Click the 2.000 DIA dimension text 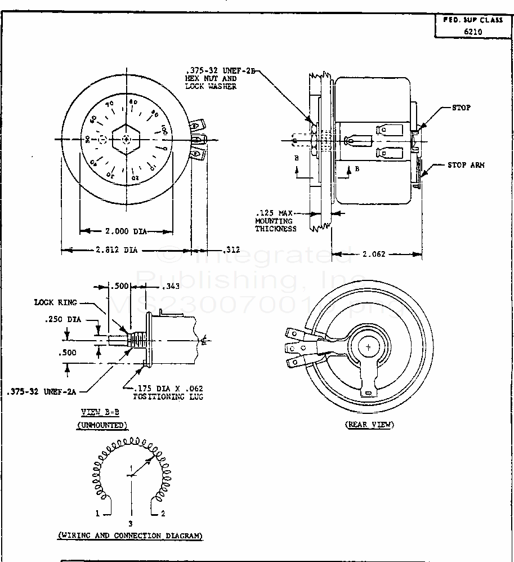coord(126,231)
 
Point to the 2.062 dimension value coord(373,255)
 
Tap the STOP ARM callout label coord(466,165)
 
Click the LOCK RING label coord(55,302)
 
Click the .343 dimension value coord(170,287)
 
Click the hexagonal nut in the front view coord(127,139)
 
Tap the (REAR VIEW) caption coord(369,425)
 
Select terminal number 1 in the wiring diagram coord(97,514)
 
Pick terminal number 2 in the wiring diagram coord(163,514)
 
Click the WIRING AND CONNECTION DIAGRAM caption coord(130,536)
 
